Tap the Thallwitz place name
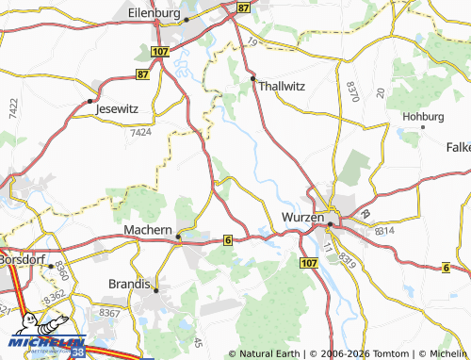click(284, 83)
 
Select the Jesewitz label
click(117, 108)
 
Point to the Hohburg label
click(422, 117)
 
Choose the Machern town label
click(148, 230)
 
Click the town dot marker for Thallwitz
click(253, 76)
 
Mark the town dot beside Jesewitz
click(89, 100)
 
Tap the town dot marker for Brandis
click(156, 287)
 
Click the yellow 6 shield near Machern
click(228, 240)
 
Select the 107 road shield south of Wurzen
click(307, 261)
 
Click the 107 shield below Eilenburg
click(158, 52)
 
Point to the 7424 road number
click(140, 134)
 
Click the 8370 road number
click(352, 91)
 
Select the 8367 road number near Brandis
click(110, 313)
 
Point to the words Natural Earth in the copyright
click(269, 353)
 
